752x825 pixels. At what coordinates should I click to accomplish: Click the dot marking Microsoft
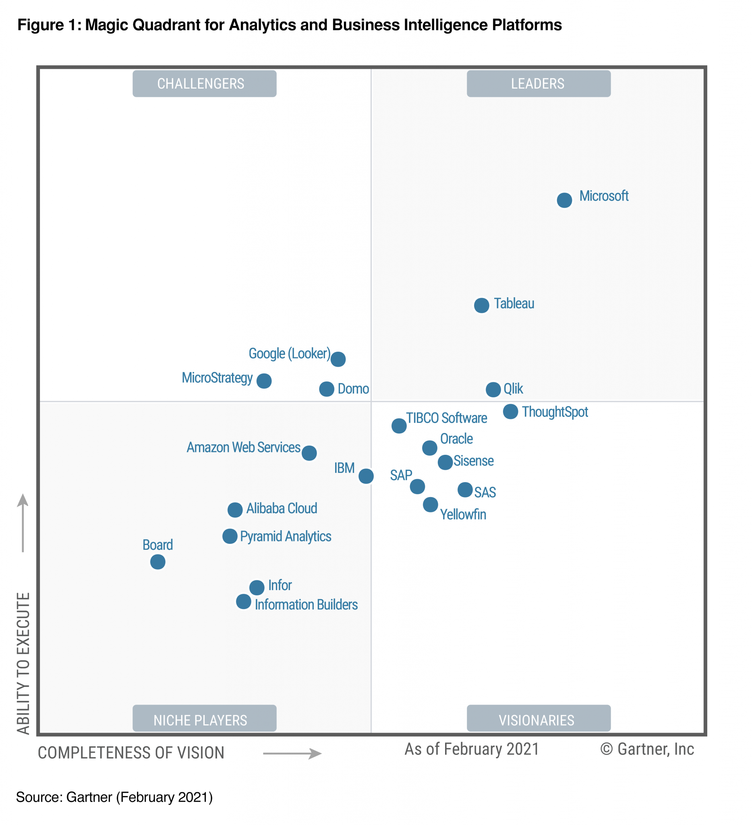coord(564,200)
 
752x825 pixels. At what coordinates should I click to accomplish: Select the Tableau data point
coord(482,305)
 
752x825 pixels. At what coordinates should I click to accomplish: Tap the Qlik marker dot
coord(493,389)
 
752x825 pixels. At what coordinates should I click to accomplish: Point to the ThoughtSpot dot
coord(510,411)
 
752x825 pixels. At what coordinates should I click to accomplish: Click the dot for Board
coord(157,562)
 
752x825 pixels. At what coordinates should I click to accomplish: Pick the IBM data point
coord(366,476)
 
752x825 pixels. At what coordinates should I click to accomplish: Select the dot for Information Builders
coord(243,601)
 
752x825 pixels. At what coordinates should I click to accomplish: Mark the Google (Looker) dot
coord(338,359)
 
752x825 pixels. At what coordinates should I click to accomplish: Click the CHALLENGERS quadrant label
coord(204,83)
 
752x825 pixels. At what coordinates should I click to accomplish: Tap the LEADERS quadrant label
coord(539,83)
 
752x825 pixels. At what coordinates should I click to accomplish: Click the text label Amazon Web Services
coord(243,447)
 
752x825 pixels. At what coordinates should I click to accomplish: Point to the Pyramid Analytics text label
coord(285,536)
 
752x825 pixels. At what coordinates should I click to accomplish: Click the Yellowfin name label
coord(463,514)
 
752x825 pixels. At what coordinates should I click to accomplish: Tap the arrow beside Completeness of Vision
coord(292,753)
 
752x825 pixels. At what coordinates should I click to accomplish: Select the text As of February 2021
coord(471,749)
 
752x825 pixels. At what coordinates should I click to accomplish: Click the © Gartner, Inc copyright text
coord(647,749)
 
